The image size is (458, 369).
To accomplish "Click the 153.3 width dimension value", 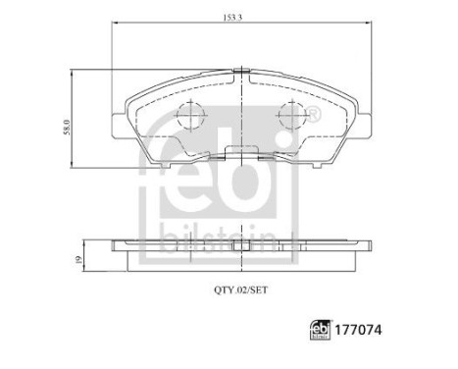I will [x=241, y=17].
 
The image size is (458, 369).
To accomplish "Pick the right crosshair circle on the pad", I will [x=292, y=117].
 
